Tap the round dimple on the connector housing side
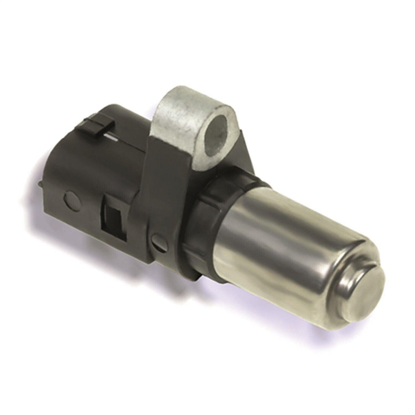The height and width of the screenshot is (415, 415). coord(69,198)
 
